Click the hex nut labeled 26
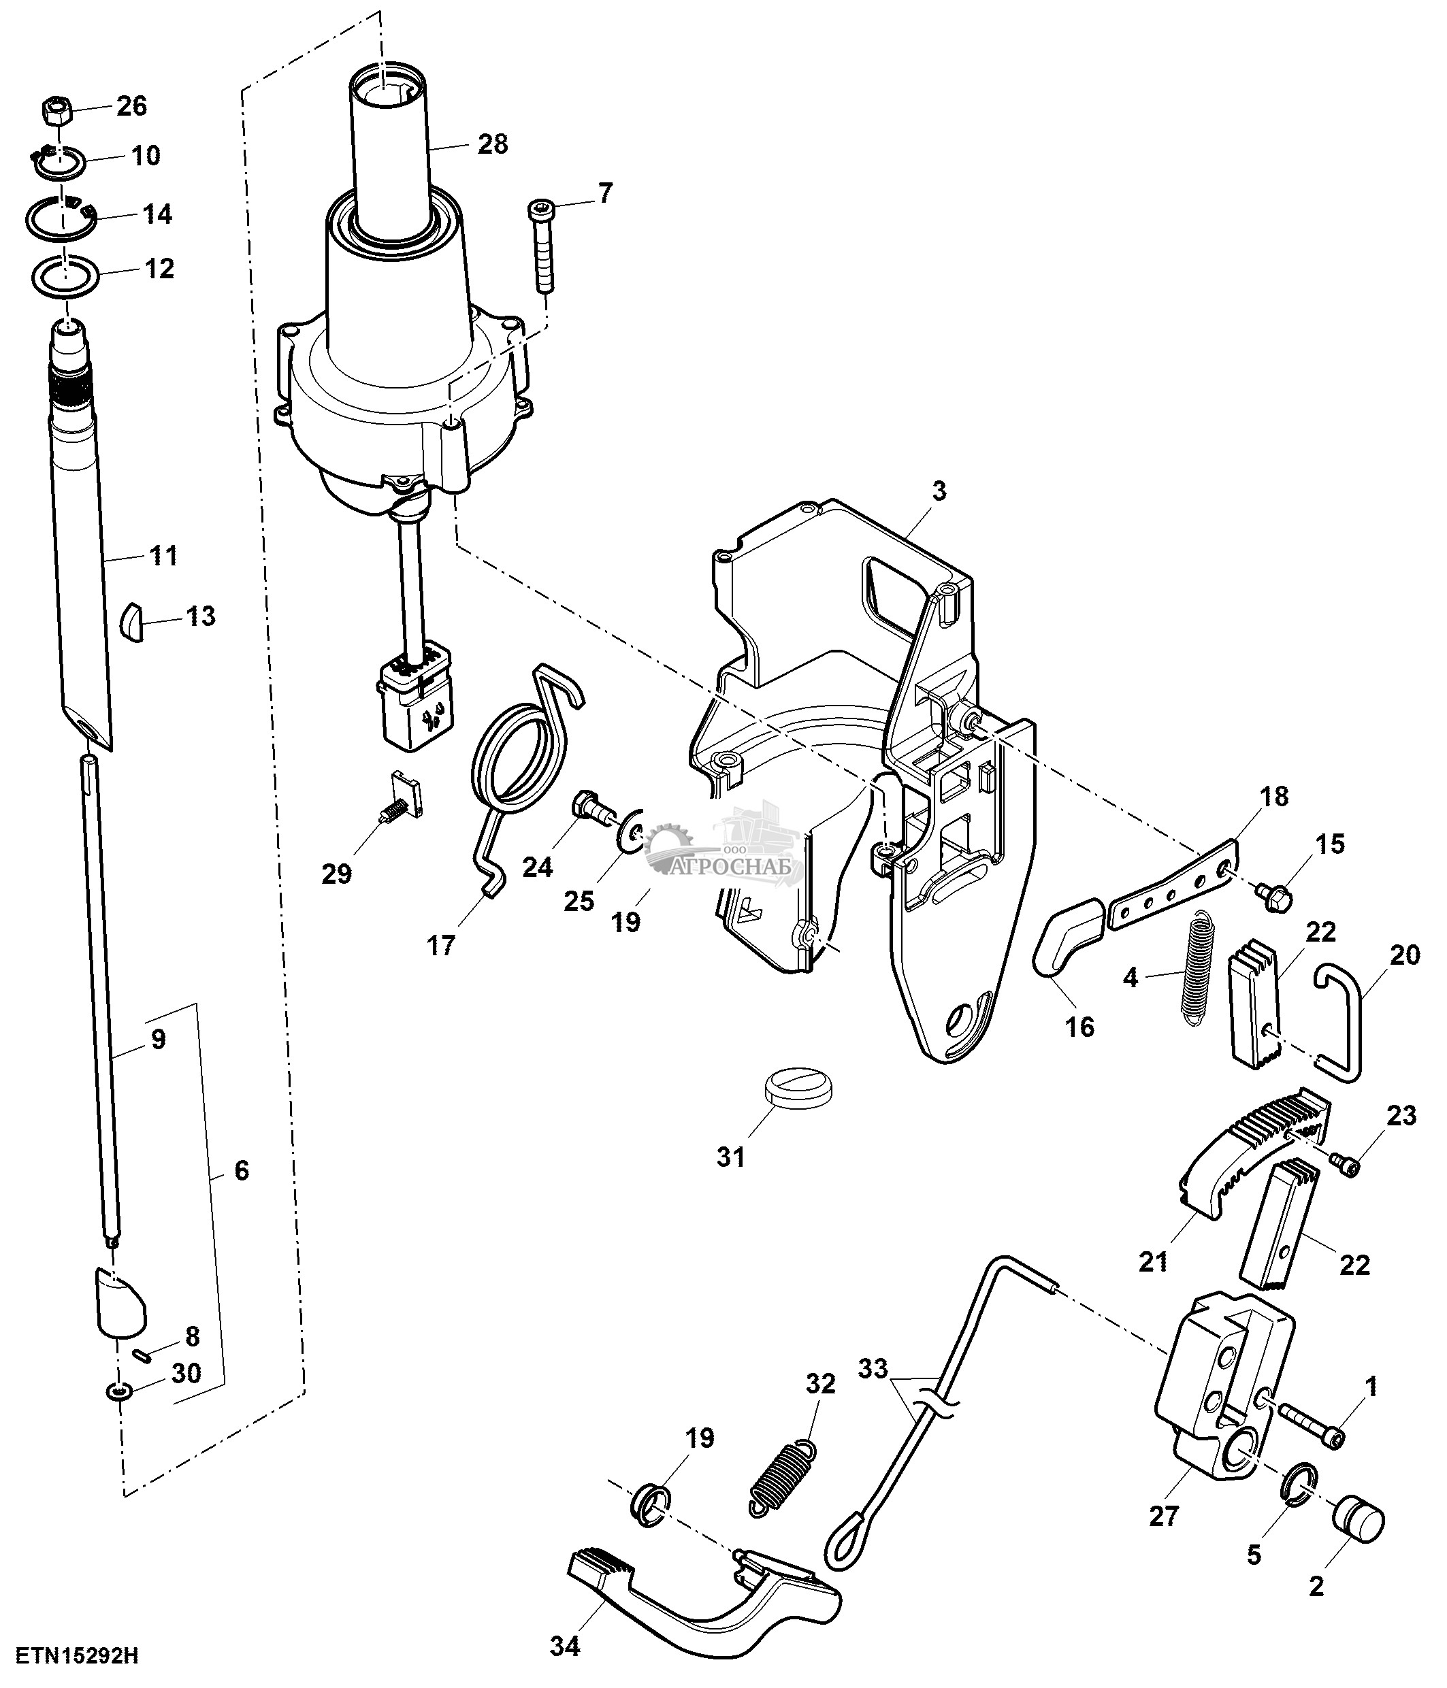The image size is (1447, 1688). (55, 108)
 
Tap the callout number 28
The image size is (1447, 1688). (493, 144)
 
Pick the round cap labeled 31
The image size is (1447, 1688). (798, 1087)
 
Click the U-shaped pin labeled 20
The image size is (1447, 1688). (1339, 1023)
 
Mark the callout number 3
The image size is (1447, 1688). (939, 491)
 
